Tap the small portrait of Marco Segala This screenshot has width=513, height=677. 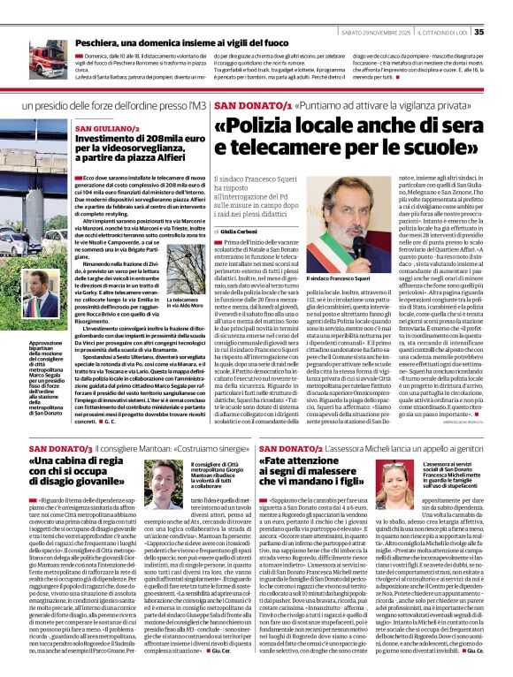(x=45, y=306)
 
